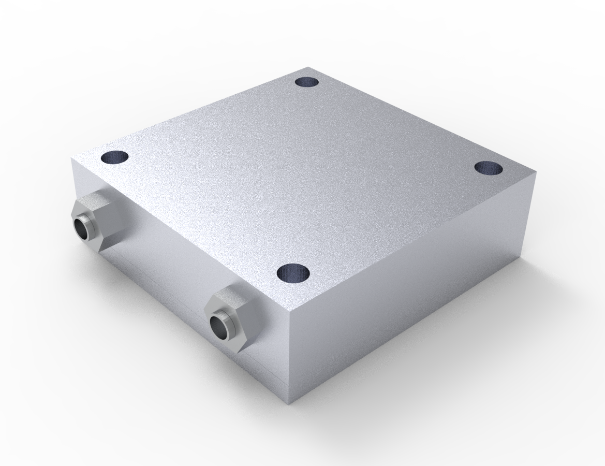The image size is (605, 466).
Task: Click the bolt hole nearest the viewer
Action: [x=293, y=272]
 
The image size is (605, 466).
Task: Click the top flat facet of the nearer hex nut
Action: [x=233, y=296]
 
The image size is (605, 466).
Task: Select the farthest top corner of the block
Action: [x=309, y=67]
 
